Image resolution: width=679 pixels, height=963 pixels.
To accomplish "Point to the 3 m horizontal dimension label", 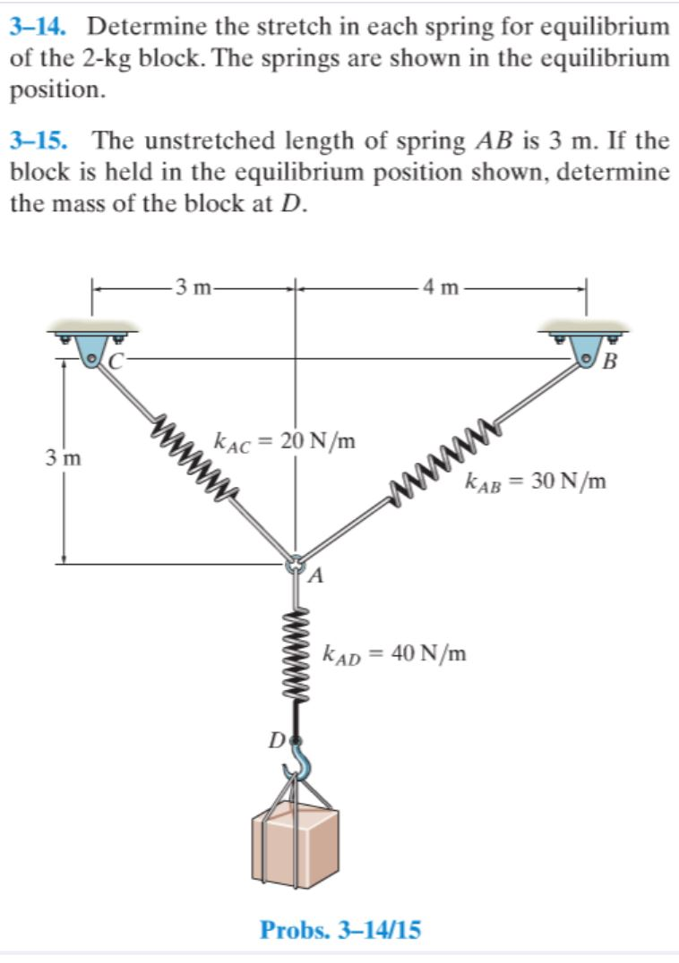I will pos(193,287).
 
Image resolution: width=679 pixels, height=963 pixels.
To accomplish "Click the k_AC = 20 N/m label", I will pos(284,440).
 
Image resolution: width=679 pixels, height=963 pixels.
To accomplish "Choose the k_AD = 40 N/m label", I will pos(395,652).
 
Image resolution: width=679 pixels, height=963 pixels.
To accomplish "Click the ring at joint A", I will pos(296,565).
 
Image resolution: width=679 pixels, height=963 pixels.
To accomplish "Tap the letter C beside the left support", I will pos(117,361).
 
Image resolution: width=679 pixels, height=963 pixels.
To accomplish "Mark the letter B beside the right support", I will pos(611,362).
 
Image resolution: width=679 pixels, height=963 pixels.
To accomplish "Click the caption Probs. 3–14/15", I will pos(339,930).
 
